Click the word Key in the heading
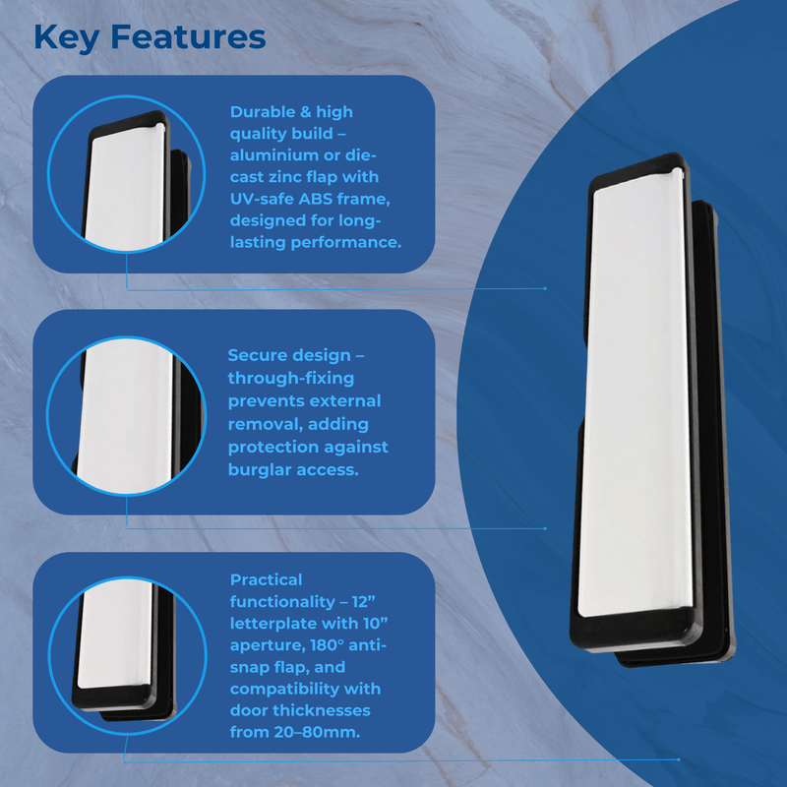point(66,38)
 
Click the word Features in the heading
point(188,36)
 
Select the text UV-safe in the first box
point(262,199)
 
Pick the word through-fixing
point(291,378)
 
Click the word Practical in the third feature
point(266,579)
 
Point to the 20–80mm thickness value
point(317,732)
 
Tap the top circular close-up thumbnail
point(127,174)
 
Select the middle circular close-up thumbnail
point(127,415)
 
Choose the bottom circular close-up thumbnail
point(128,656)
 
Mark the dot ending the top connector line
point(546,288)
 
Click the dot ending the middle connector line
point(546,528)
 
